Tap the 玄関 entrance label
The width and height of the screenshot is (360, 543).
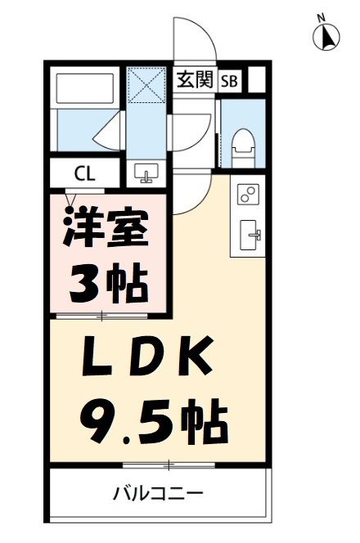click(x=195, y=79)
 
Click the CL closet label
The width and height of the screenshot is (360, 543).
click(x=83, y=173)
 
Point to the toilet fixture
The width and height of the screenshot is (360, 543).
click(x=242, y=144)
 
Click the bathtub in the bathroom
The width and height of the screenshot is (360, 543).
click(x=83, y=103)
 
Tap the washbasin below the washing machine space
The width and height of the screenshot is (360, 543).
click(x=148, y=173)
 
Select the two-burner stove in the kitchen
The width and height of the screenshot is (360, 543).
click(x=247, y=194)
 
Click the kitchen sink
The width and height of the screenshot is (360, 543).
click(x=248, y=237)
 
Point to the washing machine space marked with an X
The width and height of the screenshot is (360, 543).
click(x=148, y=83)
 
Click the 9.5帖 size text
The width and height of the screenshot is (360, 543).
click(x=153, y=420)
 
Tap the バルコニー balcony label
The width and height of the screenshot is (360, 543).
click(x=158, y=493)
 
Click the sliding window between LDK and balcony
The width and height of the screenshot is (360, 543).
click(x=169, y=465)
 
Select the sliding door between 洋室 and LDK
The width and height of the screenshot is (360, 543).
click(x=102, y=316)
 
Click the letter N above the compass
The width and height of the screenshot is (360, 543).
click(x=322, y=16)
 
